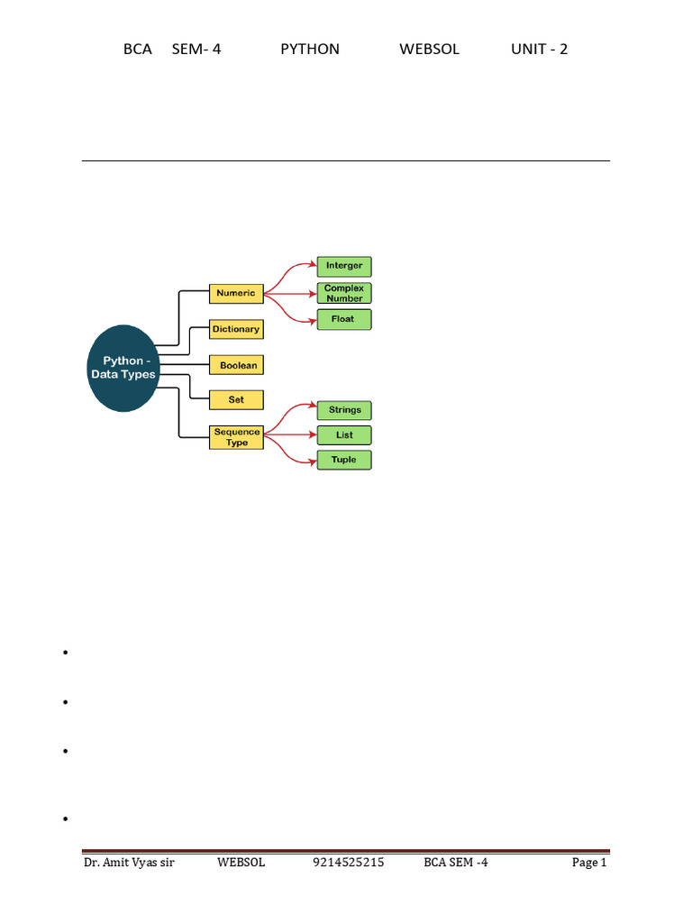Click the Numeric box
236,294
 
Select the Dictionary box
236,330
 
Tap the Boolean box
236,365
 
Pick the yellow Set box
236,399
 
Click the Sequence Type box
236,437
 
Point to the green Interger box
344,266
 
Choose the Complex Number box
344,293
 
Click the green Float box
344,320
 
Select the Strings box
344,410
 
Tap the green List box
344,435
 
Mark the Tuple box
344,461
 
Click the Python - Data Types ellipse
123,368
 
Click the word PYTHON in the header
310,50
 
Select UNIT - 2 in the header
539,50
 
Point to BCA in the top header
138,50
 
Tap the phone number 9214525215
349,863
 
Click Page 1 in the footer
589,863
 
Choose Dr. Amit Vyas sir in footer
129,863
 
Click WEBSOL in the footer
241,863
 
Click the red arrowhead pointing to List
313,435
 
